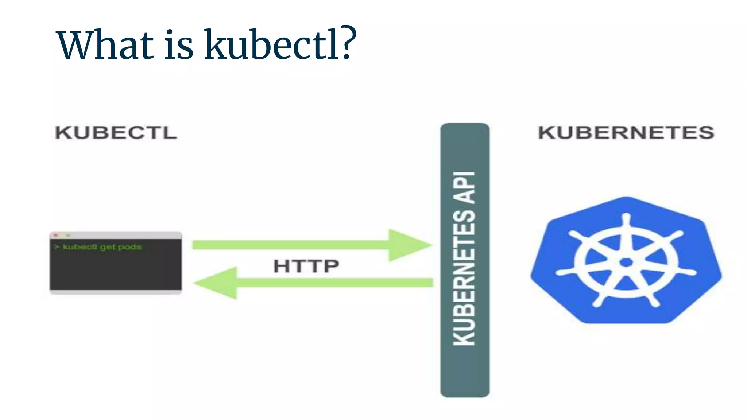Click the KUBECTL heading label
pyautogui.click(x=116, y=132)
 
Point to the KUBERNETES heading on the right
pyautogui.click(x=626, y=132)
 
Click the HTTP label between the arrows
pyautogui.click(x=306, y=266)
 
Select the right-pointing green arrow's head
pyautogui.click(x=409, y=245)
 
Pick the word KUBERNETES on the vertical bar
pyautogui.click(x=464, y=277)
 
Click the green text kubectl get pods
pyautogui.click(x=102, y=247)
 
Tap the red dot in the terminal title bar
pyautogui.click(x=56, y=235)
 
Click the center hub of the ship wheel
pyautogui.click(x=626, y=262)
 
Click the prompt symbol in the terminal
pyautogui.click(x=57, y=247)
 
